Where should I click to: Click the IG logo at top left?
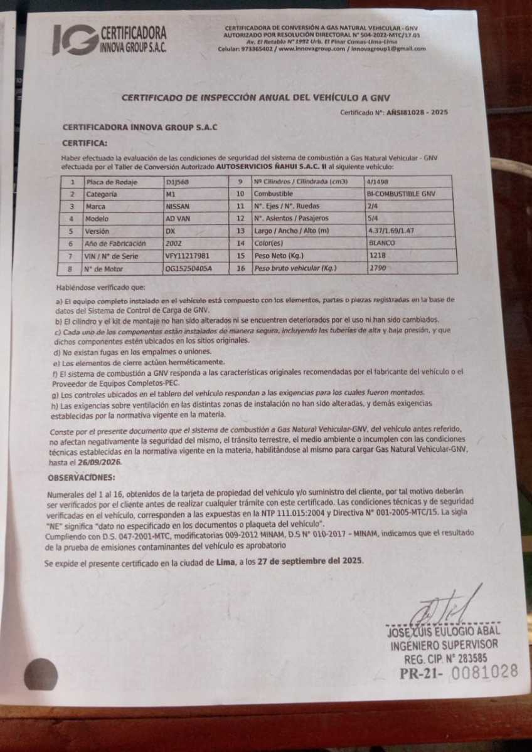[75, 39]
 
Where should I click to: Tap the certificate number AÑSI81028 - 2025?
[417, 112]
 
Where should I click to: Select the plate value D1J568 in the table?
[178, 182]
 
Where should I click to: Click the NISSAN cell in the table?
[178, 206]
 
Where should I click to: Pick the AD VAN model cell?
[178, 219]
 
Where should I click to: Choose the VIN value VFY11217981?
[188, 256]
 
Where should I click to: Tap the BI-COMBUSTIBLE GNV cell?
[402, 194]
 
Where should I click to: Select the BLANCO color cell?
[382, 243]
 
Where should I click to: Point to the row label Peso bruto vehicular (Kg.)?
[295, 268]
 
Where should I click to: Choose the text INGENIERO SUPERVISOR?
[445, 644]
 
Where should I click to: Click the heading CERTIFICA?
[85, 144]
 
